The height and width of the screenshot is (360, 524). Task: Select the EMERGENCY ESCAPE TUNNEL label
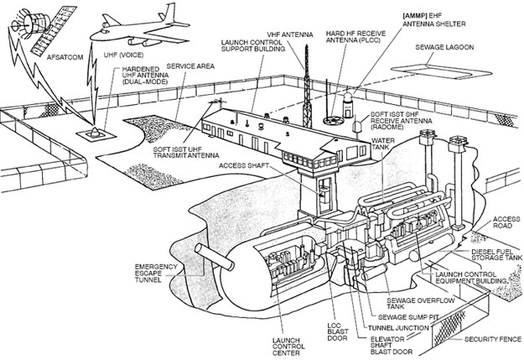(158, 274)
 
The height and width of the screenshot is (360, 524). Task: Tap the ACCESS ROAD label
(502, 219)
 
